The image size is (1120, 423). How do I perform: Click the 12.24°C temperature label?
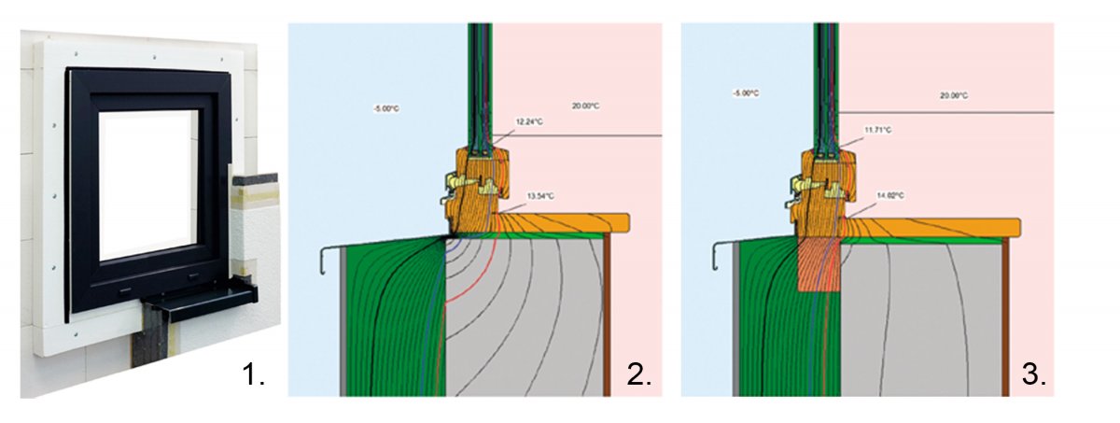point(529,122)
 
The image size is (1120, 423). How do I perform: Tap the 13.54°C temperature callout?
point(540,196)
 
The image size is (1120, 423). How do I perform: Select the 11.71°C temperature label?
point(878,130)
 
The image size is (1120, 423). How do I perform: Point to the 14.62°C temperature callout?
point(890,195)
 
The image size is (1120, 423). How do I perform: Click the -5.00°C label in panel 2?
point(387,108)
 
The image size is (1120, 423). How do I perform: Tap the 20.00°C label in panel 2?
point(585,106)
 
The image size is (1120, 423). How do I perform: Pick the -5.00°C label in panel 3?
point(746,93)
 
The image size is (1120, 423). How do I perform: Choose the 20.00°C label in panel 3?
point(954,95)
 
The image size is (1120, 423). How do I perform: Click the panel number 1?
point(253,374)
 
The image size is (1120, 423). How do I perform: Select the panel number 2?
point(639,374)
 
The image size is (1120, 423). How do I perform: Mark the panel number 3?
point(1034,374)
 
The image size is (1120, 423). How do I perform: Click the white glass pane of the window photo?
point(149,185)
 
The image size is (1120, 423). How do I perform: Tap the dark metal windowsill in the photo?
point(200,299)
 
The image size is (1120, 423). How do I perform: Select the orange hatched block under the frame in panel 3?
point(818,264)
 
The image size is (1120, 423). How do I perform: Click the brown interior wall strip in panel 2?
point(607,315)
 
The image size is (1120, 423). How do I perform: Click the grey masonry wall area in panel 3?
point(921,320)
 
